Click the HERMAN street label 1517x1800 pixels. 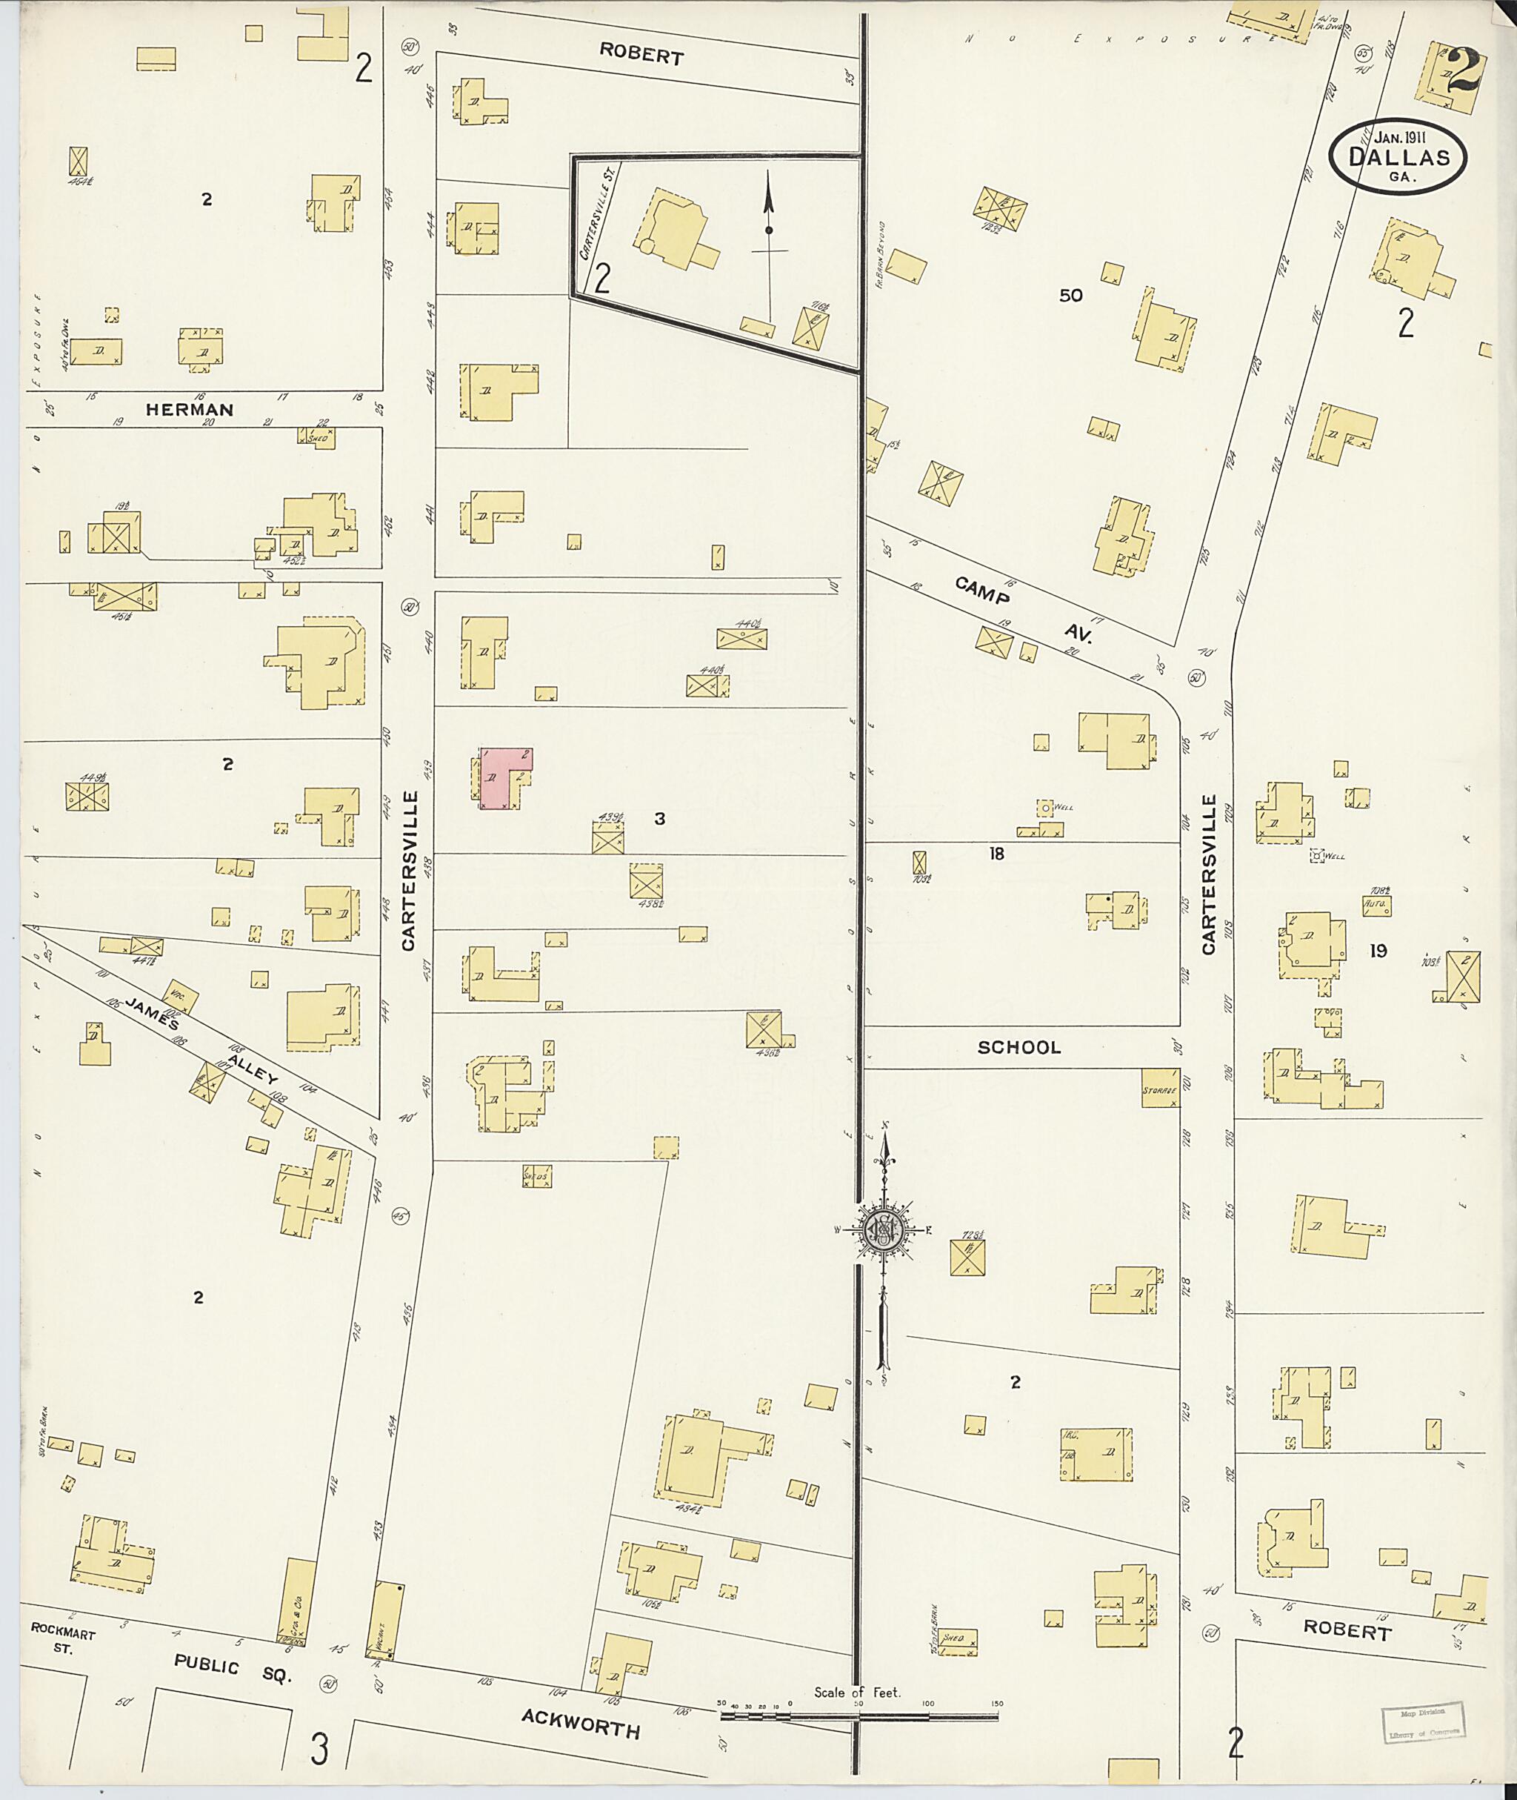point(189,410)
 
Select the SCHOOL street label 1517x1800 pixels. point(1019,1047)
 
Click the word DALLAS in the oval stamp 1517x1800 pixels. point(1399,157)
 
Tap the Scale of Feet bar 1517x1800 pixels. point(858,1716)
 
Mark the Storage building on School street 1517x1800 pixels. point(1159,1089)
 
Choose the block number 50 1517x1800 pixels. point(1070,295)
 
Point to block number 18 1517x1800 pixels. point(996,854)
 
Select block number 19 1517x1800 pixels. point(1378,951)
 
